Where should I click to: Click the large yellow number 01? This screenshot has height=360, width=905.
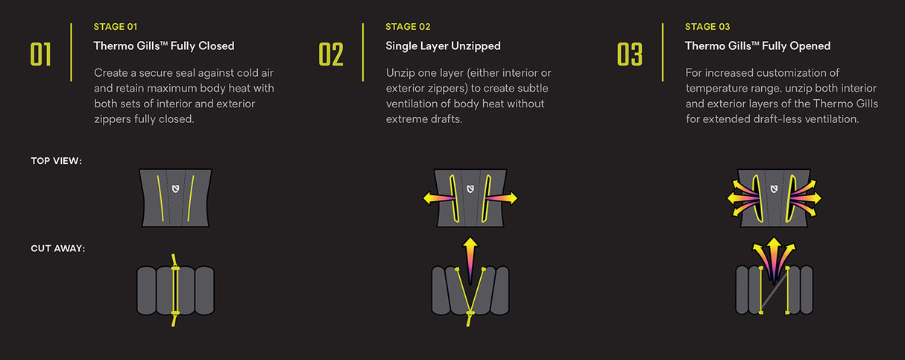[41, 54]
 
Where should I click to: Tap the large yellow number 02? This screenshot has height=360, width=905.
[331, 54]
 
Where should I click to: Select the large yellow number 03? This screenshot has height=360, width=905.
[629, 54]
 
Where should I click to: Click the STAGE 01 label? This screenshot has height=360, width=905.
[115, 27]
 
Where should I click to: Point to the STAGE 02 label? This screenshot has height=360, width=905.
[408, 27]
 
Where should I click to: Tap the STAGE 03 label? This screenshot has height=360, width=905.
[707, 27]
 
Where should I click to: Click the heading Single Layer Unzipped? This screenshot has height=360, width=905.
[443, 46]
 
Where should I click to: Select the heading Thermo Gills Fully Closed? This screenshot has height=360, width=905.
[164, 46]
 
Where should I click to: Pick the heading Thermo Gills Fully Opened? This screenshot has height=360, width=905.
[757, 46]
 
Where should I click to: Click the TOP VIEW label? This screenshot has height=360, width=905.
[56, 161]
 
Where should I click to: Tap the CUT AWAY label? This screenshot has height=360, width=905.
[58, 248]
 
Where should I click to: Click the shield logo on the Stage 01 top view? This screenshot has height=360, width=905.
[175, 189]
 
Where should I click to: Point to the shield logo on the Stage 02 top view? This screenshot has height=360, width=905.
[470, 189]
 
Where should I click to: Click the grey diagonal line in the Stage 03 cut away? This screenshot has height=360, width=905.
[774, 291]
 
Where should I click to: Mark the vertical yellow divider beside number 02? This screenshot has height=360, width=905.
[363, 52]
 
